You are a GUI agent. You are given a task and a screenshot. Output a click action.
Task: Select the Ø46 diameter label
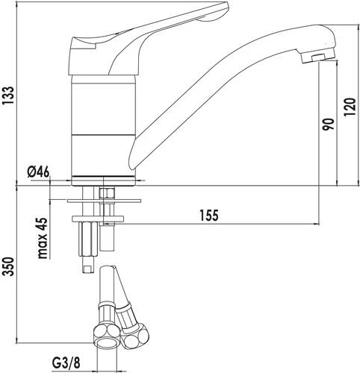(37, 172)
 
